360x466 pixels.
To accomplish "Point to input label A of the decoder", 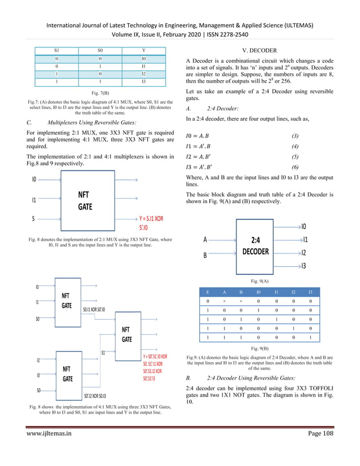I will click(205, 239).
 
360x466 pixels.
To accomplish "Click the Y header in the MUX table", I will click(143, 50).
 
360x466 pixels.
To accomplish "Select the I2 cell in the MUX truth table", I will click(143, 74).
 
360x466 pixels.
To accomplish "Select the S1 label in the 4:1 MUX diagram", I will click(104, 354).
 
